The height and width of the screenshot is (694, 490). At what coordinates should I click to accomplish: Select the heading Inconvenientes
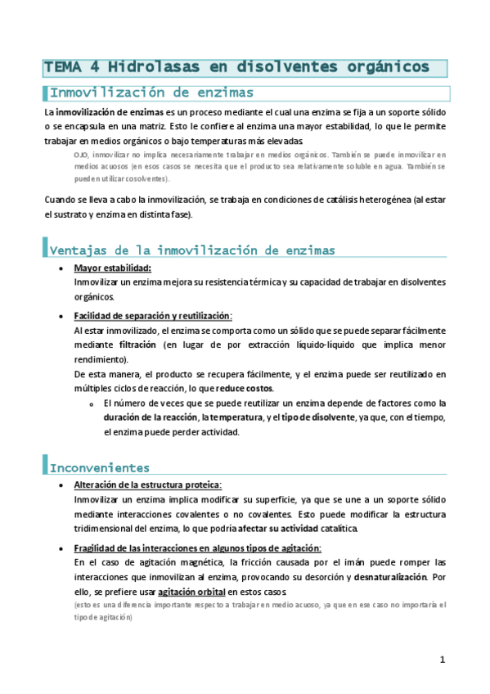[100, 468]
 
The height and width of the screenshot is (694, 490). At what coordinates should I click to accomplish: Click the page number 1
[442, 660]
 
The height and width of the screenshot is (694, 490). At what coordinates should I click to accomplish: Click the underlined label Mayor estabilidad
[112, 268]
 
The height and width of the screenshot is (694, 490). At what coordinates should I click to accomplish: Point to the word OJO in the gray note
[81, 154]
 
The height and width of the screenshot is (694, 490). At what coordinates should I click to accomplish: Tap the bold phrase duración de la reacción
[149, 418]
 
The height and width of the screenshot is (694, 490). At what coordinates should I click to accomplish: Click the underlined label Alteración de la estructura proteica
[147, 485]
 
